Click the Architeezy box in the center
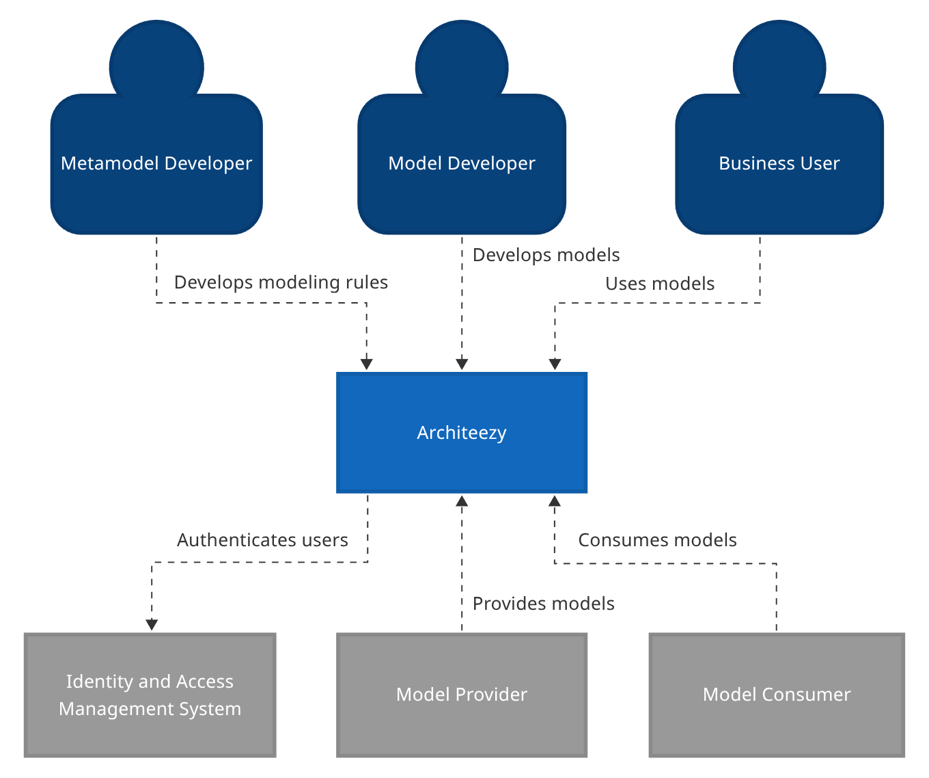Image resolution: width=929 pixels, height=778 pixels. click(462, 432)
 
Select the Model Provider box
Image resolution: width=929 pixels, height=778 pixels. click(462, 695)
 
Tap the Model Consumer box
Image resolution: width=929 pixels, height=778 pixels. click(777, 695)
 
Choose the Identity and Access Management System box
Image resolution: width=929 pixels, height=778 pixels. click(150, 695)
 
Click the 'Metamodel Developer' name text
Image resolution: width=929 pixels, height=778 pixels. click(156, 163)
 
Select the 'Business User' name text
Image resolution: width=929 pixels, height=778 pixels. click(779, 163)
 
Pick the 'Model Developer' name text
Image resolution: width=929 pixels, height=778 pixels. click(462, 163)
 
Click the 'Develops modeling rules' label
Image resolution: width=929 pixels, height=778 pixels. click(281, 282)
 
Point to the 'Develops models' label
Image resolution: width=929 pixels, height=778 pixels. click(546, 255)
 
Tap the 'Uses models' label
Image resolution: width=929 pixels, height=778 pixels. click(660, 284)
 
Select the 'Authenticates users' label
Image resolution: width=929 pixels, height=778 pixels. click(262, 540)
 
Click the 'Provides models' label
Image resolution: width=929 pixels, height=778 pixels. click(543, 604)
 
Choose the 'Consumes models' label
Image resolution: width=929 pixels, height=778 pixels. click(657, 540)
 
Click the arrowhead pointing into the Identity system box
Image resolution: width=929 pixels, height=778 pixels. click(152, 625)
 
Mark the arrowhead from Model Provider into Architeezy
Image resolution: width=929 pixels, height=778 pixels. click(462, 501)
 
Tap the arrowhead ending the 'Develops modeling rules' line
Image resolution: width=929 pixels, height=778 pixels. click(367, 364)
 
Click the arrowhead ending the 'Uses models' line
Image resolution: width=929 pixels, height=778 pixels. click(555, 364)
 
